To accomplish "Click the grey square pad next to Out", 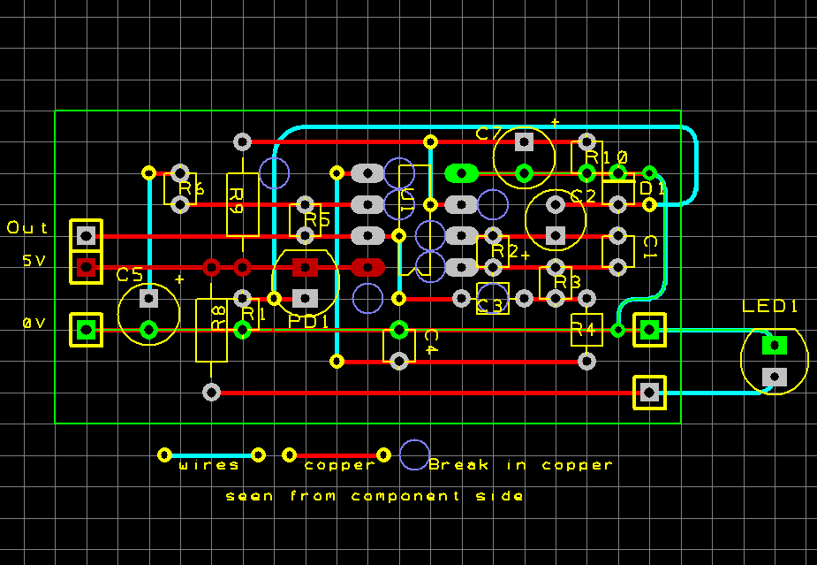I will tap(86, 235).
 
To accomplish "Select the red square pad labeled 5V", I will tap(86, 267).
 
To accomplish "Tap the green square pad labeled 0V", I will tap(86, 330).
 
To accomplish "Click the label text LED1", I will tap(770, 306).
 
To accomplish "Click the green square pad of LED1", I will tap(775, 345).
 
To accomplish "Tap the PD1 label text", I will tap(308, 321).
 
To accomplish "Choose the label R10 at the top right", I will tap(609, 157).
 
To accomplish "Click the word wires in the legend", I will tap(209, 465).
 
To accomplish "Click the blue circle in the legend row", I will tap(414, 454).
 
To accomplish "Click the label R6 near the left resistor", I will tap(192, 188).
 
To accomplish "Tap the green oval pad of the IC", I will tap(461, 172).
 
